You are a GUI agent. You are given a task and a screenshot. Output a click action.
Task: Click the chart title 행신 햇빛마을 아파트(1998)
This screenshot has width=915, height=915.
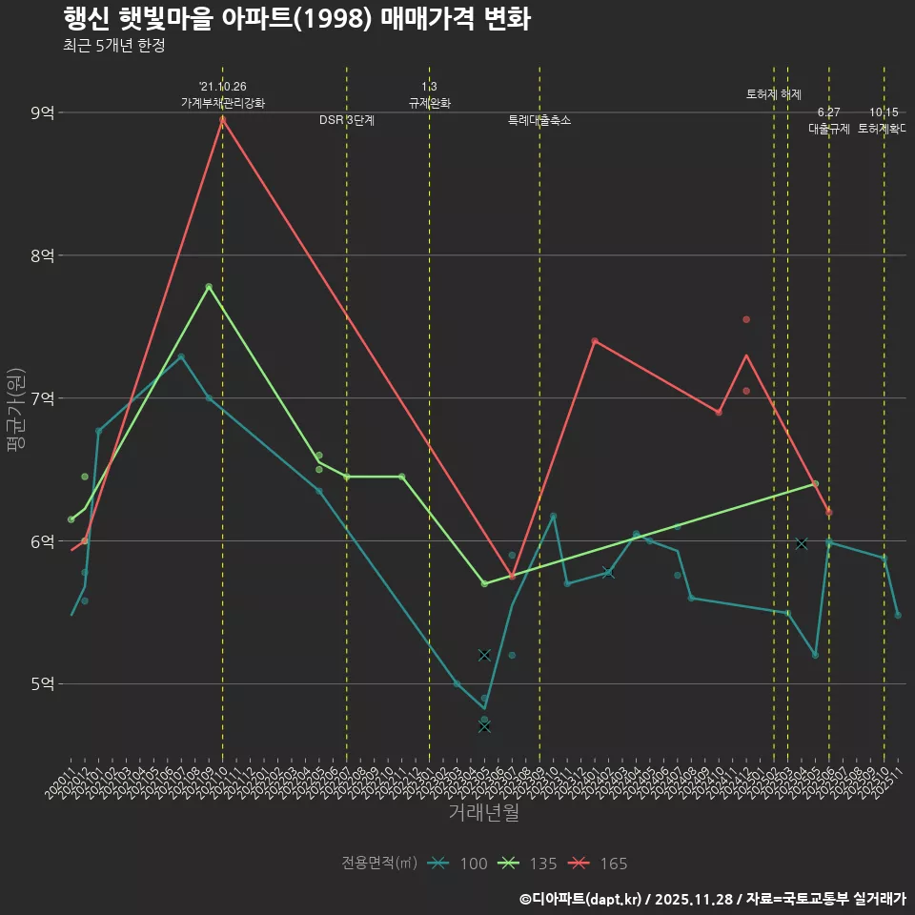click(x=295, y=18)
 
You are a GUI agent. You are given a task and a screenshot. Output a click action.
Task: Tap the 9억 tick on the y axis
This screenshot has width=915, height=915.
click(x=42, y=112)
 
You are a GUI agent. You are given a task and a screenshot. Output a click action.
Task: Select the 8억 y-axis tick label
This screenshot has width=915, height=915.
click(x=42, y=255)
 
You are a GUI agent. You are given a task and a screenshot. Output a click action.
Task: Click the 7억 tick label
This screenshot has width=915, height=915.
click(x=42, y=398)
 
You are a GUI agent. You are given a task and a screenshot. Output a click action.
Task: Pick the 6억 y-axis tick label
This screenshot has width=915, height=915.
click(x=42, y=540)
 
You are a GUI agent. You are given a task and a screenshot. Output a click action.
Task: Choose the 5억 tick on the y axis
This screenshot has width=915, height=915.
click(x=42, y=683)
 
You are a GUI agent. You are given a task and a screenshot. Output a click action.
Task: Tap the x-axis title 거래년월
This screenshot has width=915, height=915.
click(x=483, y=813)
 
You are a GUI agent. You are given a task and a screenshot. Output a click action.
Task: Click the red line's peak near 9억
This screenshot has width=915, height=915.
click(x=222, y=118)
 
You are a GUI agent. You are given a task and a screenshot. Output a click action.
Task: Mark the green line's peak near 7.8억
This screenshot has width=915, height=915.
click(x=209, y=287)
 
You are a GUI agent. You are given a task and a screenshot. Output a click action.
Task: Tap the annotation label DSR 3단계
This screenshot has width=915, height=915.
click(x=347, y=120)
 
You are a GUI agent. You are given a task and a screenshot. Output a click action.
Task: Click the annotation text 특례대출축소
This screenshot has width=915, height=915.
click(x=539, y=120)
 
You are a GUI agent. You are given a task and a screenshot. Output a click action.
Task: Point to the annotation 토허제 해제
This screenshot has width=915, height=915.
click(x=773, y=94)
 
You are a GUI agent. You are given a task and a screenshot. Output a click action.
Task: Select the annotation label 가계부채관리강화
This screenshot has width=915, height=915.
click(x=223, y=103)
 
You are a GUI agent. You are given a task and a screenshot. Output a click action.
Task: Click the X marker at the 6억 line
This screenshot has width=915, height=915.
click(x=802, y=543)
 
